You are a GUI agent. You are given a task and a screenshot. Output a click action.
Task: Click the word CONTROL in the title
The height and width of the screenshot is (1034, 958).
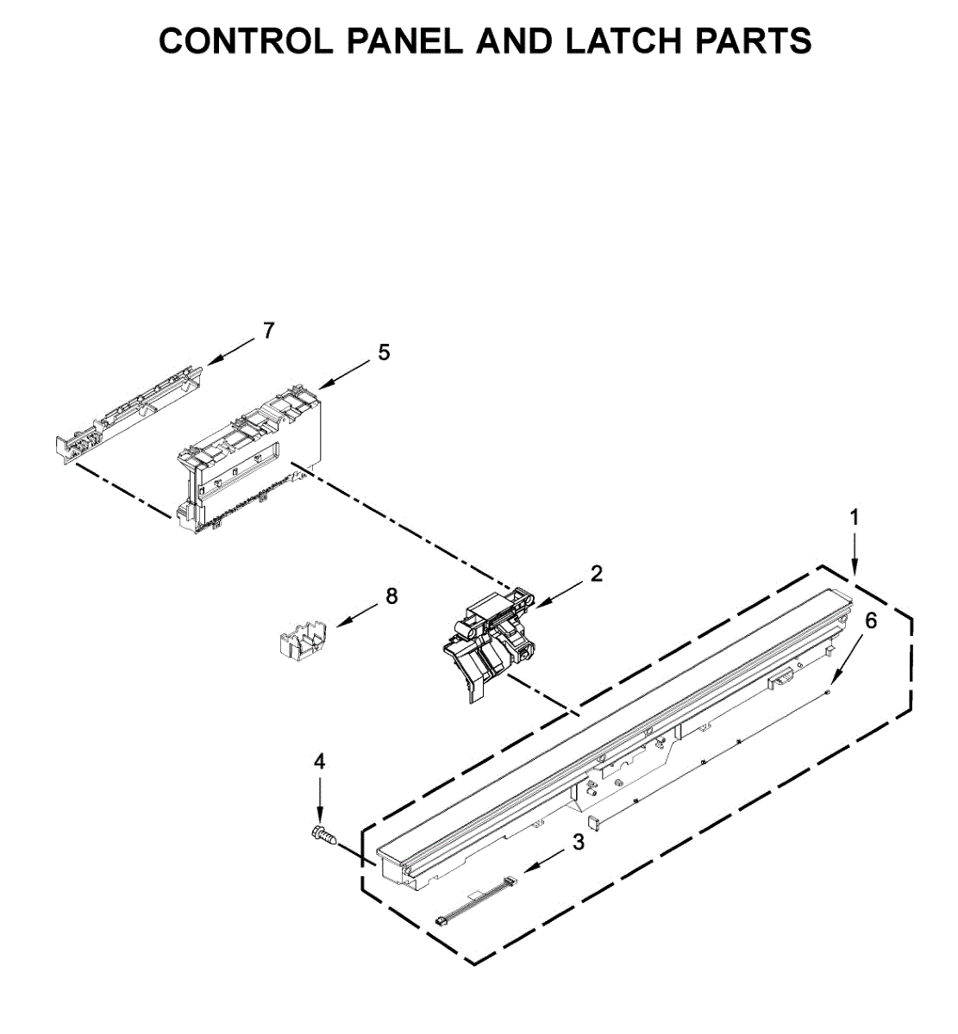246,40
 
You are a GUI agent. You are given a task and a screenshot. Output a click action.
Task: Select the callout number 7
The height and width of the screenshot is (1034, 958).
268,331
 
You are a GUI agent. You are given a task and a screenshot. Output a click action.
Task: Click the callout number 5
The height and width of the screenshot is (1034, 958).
384,352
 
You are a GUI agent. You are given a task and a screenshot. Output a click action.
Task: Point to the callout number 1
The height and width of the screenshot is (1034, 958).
855,518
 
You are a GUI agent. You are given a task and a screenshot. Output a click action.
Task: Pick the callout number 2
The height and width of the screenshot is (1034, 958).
597,573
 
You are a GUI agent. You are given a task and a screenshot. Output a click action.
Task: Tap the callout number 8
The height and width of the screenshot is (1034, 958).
391,596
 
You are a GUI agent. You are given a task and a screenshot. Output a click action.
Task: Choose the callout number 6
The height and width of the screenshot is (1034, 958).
871,620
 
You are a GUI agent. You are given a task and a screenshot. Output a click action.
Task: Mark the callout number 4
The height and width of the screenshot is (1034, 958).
319,762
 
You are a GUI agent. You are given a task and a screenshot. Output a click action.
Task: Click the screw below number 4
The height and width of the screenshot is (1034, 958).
323,836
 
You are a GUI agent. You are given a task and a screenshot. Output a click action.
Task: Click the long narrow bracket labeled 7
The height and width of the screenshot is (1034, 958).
128,416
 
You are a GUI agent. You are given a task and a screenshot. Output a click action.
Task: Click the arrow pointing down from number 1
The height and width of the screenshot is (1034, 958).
855,555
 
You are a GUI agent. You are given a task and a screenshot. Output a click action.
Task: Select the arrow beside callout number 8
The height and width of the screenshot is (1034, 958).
358,614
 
